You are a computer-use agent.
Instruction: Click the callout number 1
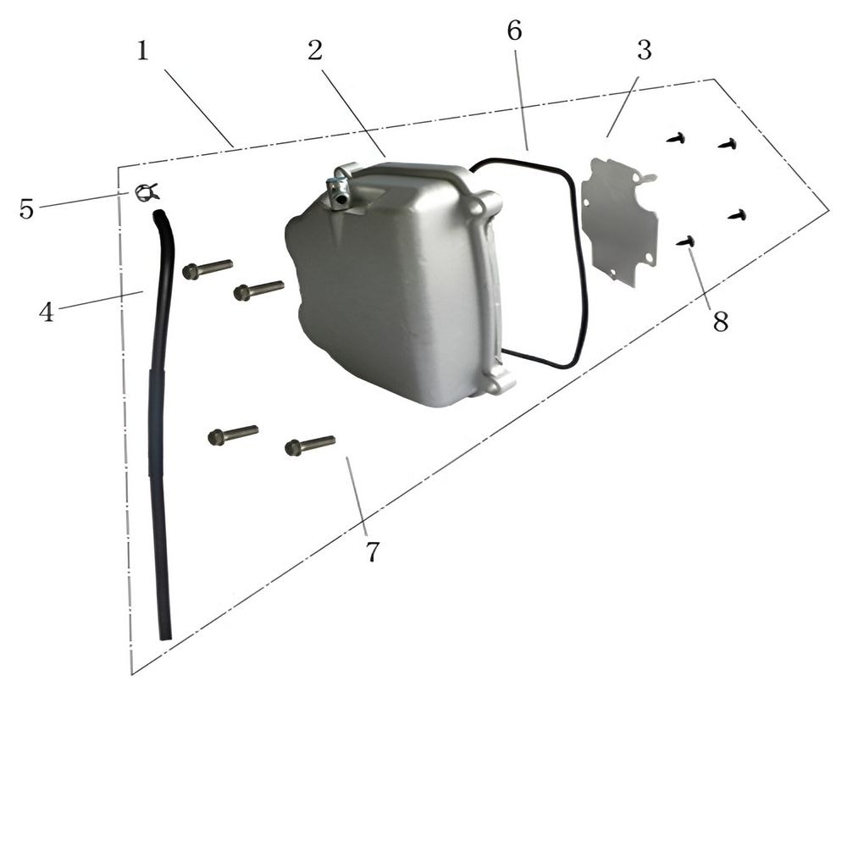pyautogui.click(x=142, y=52)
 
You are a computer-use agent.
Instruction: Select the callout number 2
pyautogui.click(x=315, y=50)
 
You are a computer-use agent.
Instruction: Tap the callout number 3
pyautogui.click(x=645, y=50)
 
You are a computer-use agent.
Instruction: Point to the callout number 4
pyautogui.click(x=47, y=312)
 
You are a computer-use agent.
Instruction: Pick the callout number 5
pyautogui.click(x=26, y=208)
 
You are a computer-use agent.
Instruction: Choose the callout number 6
pyautogui.click(x=515, y=30)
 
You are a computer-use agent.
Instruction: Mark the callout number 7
pyautogui.click(x=373, y=551)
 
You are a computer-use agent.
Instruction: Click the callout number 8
pyautogui.click(x=721, y=321)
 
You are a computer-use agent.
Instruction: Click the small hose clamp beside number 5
pyautogui.click(x=147, y=192)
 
